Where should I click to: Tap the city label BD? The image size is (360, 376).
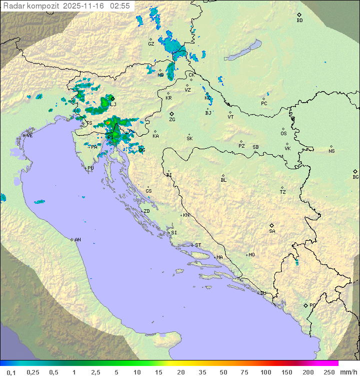point(299,21)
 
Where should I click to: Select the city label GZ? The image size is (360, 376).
point(151,44)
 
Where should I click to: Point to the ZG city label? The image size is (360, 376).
point(172,120)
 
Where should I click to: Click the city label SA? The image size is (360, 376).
point(272,231)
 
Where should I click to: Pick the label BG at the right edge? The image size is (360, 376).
point(355,177)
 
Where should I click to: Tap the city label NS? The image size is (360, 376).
point(331,151)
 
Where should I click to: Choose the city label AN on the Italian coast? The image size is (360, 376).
point(77,240)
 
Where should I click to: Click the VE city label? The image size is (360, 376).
point(29,136)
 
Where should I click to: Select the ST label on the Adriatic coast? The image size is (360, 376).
point(198,245)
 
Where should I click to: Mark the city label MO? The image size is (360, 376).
point(251,255)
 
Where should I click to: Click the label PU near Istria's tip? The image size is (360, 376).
point(90,168)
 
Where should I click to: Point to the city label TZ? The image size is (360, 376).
point(283,192)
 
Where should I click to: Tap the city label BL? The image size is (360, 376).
point(223,180)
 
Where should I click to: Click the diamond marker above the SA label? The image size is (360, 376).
point(272,225)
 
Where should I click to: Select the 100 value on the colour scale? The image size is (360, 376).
point(265,372)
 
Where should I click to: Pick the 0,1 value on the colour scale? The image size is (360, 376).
point(11,372)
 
